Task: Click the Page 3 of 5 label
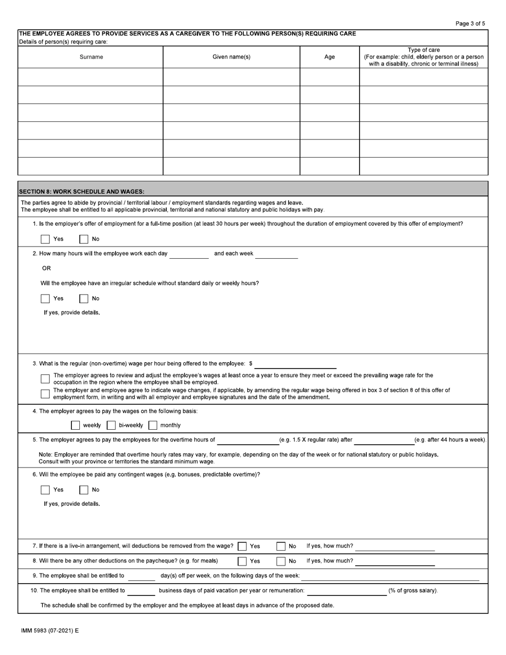470,23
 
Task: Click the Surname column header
91,57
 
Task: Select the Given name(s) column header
231,57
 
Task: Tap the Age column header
330,57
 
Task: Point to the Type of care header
423,50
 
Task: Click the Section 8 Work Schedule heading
81,192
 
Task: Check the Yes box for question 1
45,239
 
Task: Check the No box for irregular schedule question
84,299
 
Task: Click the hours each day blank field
189,254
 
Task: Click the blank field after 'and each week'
276,254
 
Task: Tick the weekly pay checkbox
76,425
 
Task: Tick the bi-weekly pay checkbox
111,425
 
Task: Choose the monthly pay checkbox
153,425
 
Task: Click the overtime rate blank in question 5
248,440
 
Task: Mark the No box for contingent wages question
84,490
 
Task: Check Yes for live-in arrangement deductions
242,546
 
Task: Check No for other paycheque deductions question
281,561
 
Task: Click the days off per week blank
142,576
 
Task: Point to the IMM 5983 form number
50,631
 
